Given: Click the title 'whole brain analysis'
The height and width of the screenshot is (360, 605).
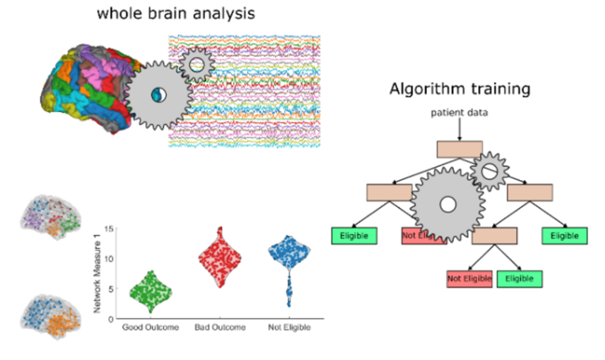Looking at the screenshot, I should pyautogui.click(x=175, y=14).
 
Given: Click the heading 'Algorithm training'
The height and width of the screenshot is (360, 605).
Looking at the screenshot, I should pyautogui.click(x=459, y=88).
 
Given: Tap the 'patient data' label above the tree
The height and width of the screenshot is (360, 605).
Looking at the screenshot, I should pyautogui.click(x=459, y=113).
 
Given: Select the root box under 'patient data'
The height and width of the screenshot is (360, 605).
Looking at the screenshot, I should pyautogui.click(x=459, y=149).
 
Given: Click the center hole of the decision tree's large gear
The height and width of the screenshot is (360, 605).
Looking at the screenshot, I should pyautogui.click(x=447, y=206).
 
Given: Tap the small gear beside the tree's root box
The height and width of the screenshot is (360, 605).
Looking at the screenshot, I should pyautogui.click(x=489, y=170).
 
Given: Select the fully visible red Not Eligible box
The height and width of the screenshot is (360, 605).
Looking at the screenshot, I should pyautogui.click(x=470, y=278).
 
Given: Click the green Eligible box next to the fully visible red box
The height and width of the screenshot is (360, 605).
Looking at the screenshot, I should pyautogui.click(x=519, y=278).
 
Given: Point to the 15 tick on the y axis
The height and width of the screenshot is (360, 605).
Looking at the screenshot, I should pyautogui.click(x=110, y=229).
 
